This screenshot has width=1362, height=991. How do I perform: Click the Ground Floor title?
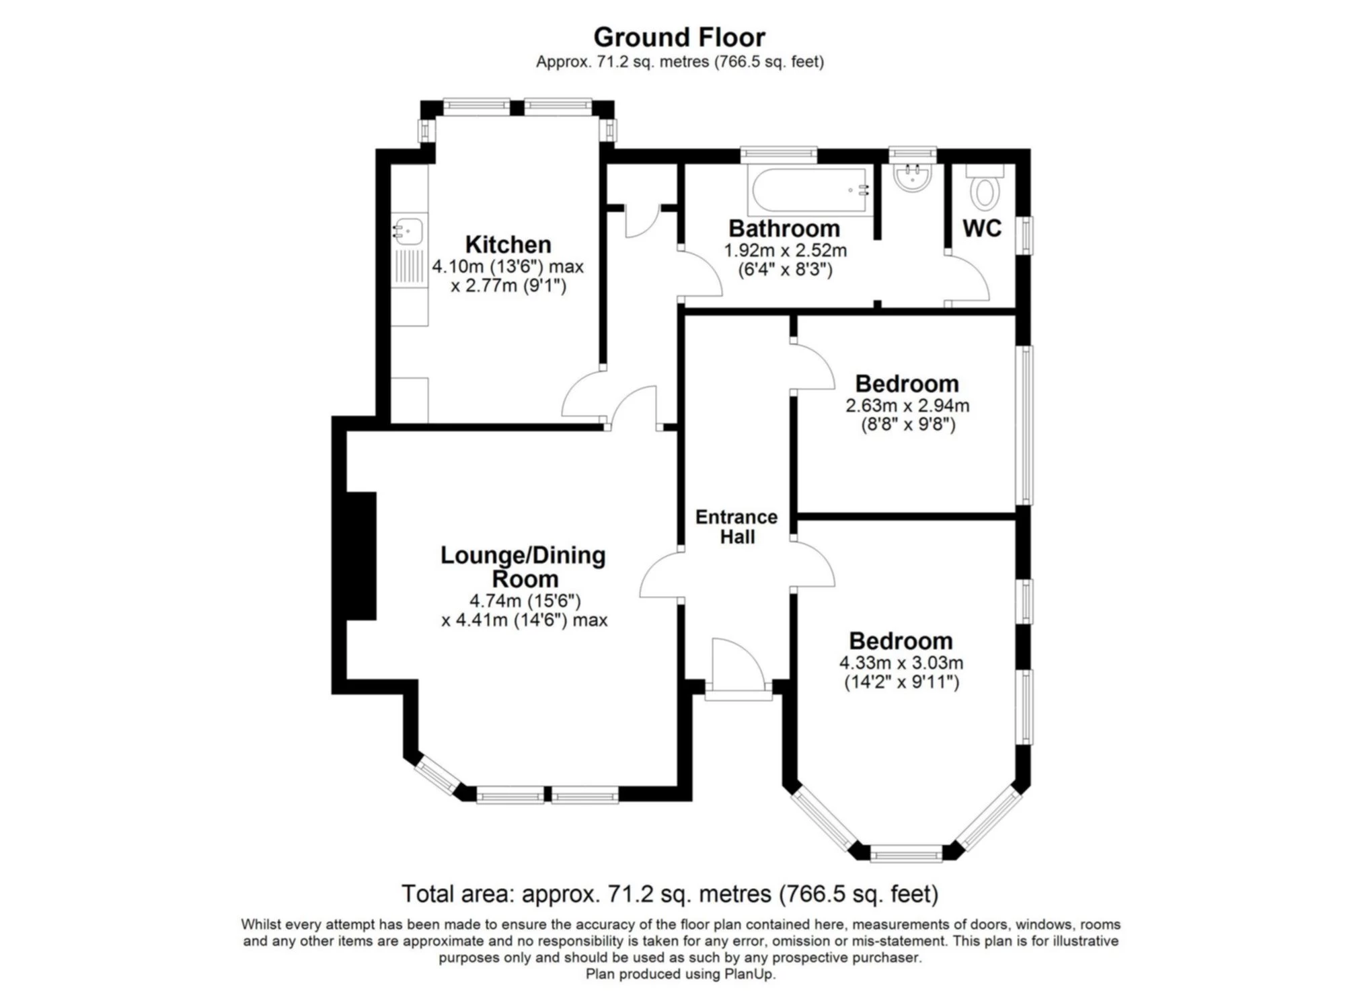(679, 37)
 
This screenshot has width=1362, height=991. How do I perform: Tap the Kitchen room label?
(508, 244)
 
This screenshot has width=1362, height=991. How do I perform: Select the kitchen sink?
(408, 230)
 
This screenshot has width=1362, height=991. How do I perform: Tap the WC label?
(982, 228)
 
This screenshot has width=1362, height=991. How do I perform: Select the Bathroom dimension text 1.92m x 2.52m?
(785, 251)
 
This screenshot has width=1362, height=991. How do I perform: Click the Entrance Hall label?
(736, 527)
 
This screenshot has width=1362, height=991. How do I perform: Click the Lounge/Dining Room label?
(523, 567)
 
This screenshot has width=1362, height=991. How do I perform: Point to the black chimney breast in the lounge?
(361, 556)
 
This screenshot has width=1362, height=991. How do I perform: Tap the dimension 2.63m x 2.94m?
(907, 406)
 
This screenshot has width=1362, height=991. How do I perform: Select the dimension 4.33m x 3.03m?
(901, 663)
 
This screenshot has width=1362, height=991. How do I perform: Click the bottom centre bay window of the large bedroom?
(906, 854)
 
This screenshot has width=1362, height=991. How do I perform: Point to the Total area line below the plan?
(670, 894)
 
